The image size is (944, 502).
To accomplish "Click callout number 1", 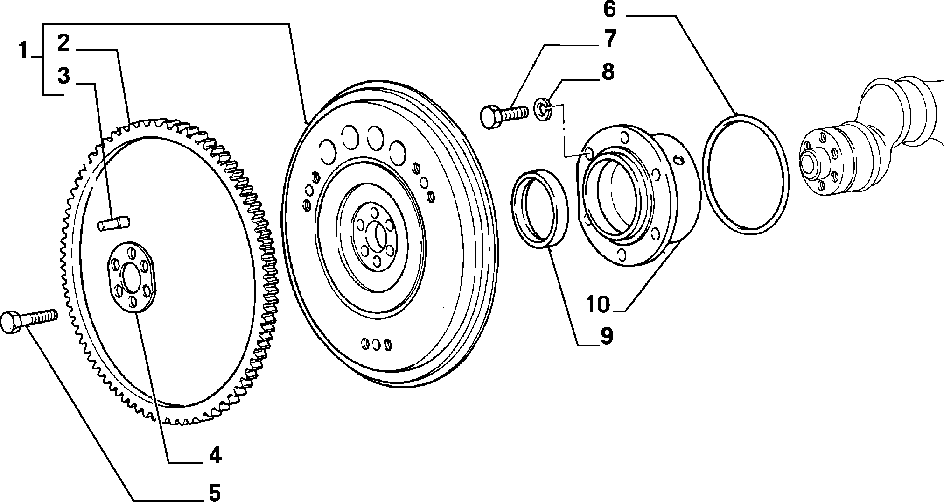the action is pyautogui.click(x=24, y=51).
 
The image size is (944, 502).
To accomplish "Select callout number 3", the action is pyautogui.click(x=64, y=76).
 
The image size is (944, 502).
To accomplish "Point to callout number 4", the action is pyautogui.click(x=214, y=455).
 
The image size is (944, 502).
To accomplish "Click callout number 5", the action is pyautogui.click(x=214, y=492).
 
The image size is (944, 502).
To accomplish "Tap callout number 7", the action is pyautogui.click(x=610, y=39).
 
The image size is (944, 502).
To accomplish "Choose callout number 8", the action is pyautogui.click(x=608, y=72).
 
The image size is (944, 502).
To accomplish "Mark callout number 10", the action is pyautogui.click(x=598, y=304).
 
